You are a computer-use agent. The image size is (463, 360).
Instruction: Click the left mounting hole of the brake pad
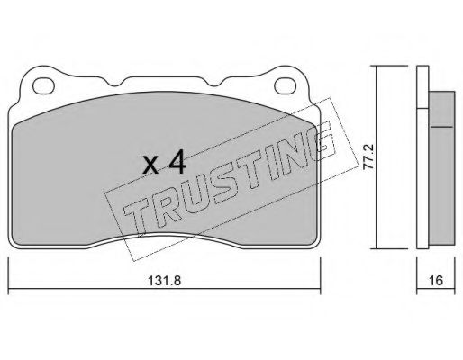tap(44, 86)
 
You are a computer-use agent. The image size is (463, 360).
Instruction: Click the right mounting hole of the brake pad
tap(286, 85)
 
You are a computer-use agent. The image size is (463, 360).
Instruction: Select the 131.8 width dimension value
tap(165, 281)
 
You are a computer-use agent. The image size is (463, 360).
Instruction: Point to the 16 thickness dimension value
tap(436, 280)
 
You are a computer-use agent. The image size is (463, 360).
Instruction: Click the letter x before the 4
tap(151, 166)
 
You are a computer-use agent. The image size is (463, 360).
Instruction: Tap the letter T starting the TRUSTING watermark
tap(137, 217)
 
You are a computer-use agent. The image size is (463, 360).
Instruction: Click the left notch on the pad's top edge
tap(114, 84)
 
